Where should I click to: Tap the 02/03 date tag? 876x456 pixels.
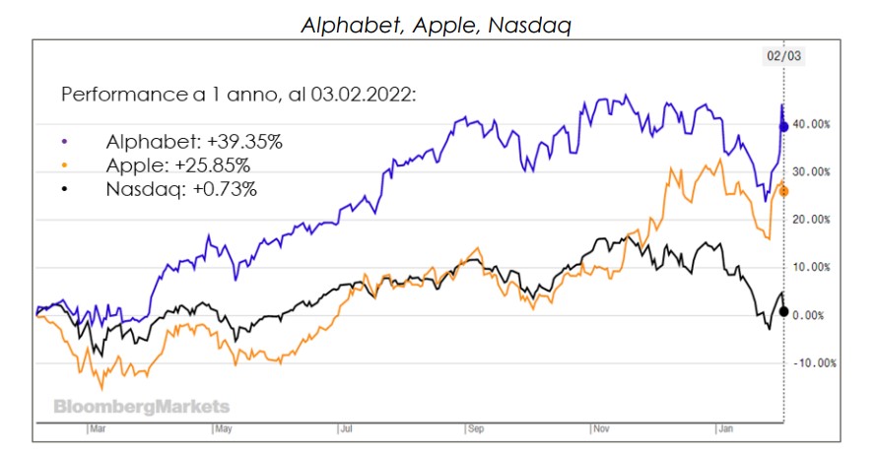[783, 56]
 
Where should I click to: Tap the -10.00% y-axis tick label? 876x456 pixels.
[814, 362]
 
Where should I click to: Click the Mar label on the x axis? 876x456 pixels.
[97, 429]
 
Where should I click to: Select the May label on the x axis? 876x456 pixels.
[223, 429]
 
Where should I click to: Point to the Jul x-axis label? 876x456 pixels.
[346, 429]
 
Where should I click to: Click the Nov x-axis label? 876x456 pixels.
[599, 429]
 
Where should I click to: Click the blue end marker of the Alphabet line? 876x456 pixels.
[783, 126]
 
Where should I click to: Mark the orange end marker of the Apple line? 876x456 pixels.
[783, 191]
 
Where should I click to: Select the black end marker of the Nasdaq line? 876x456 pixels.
[783, 311]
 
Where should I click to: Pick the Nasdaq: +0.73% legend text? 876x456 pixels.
[179, 188]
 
